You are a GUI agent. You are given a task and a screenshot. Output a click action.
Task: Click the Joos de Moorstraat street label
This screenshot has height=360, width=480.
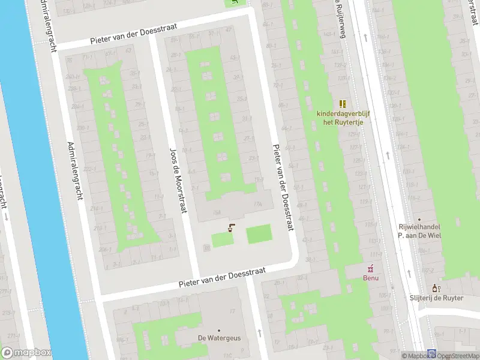[178, 179]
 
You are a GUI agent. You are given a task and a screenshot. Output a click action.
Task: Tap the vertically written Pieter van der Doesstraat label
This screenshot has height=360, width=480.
[283, 187]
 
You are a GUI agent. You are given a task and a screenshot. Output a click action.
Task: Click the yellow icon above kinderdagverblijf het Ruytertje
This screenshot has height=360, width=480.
[343, 104]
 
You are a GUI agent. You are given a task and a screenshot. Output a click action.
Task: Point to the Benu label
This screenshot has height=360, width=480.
[371, 278]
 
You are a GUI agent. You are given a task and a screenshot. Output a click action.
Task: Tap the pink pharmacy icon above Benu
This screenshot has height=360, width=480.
[371, 268]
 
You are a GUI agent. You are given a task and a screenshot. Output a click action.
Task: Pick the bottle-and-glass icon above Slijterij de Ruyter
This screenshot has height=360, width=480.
[436, 289]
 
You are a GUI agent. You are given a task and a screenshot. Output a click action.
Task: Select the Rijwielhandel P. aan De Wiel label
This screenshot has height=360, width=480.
[420, 231]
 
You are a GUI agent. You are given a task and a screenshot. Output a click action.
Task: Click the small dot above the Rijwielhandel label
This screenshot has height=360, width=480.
[419, 220]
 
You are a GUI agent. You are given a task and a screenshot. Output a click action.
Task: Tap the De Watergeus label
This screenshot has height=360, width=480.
[220, 338]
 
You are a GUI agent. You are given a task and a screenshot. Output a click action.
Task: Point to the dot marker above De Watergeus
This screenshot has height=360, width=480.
[219, 330]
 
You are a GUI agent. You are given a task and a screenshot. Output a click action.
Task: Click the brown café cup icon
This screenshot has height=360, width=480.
[231, 227]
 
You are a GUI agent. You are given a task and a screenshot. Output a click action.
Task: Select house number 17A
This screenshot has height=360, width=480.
[258, 204]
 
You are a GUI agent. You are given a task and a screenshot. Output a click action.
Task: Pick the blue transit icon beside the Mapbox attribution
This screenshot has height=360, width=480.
[431, 354]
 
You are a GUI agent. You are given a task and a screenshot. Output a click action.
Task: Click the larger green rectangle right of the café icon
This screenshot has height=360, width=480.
[259, 233]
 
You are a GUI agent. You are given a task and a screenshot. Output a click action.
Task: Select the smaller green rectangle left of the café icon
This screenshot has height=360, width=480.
[222, 239]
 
